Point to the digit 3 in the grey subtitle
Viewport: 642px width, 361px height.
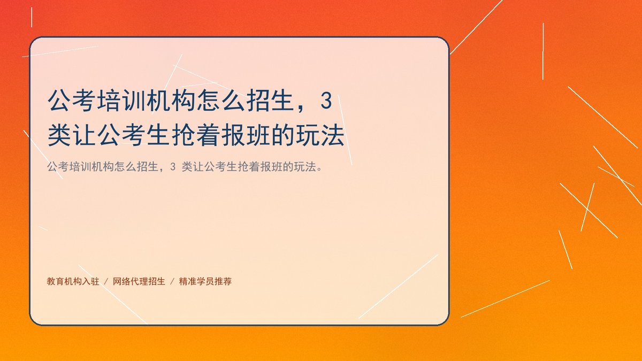(x=172, y=166)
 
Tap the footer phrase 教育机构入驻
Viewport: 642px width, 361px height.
(x=73, y=281)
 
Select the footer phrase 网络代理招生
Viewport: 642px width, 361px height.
(x=139, y=281)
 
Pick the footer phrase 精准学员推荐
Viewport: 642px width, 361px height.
(x=205, y=281)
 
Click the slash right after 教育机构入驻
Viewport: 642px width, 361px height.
(x=106, y=282)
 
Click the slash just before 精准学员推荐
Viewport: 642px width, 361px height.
(x=172, y=282)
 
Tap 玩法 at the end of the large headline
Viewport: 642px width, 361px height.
(x=320, y=135)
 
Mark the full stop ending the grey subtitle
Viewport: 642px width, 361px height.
(x=319, y=170)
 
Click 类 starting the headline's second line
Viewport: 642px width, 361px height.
(x=59, y=135)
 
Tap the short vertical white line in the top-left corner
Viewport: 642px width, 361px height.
(x=32, y=17)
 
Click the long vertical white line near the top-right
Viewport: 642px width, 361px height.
(x=543, y=51)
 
